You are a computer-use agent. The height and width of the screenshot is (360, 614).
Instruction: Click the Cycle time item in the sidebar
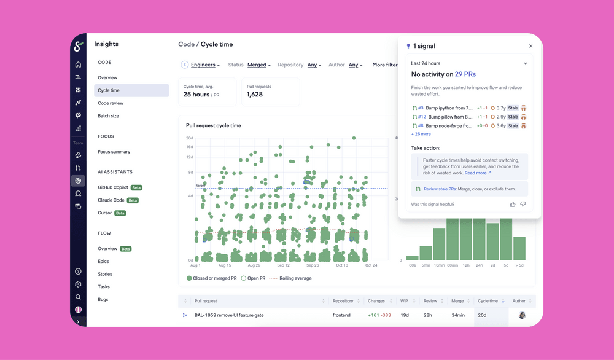coord(109,90)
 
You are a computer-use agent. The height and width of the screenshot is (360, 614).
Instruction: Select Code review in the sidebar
coord(111,103)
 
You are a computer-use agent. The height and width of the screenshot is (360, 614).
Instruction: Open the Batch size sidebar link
coord(108,116)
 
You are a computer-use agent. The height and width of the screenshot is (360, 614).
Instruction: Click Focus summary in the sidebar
coord(114,152)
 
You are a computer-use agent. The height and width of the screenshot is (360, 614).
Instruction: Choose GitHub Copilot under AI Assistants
coord(114,187)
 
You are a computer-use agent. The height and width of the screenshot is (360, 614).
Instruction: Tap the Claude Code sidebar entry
coord(111,200)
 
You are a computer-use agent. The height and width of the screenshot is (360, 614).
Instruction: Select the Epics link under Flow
coord(103,262)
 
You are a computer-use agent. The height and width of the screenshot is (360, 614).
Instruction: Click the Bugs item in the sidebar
coord(103,299)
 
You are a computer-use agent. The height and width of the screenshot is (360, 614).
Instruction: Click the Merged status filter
coord(259,65)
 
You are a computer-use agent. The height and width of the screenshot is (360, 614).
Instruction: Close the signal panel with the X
coord(530,46)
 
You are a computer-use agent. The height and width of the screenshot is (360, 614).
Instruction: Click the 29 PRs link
coord(465,74)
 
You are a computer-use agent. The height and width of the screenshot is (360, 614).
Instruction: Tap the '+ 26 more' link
coord(421,134)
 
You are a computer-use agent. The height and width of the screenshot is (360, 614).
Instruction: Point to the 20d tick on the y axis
coord(190,138)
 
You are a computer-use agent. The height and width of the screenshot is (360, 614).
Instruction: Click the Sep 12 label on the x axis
coord(283,265)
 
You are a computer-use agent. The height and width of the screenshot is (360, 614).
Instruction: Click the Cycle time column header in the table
coord(488,301)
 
